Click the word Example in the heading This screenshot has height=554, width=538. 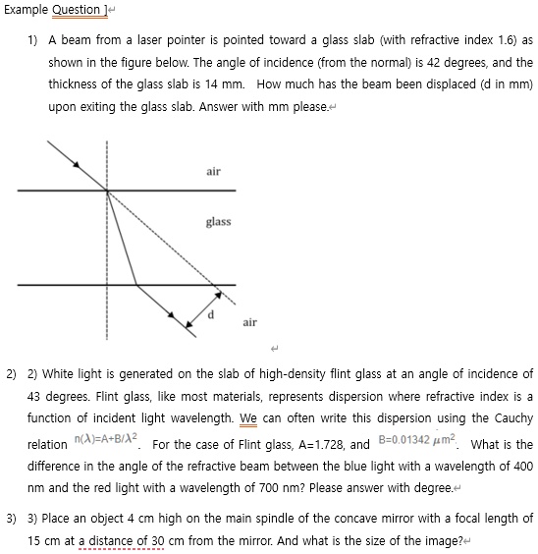click(27, 11)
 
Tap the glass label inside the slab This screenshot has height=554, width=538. click(218, 222)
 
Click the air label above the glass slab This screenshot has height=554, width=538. click(214, 172)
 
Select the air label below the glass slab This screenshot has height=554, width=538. click(249, 321)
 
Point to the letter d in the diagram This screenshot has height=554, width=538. click(209, 313)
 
